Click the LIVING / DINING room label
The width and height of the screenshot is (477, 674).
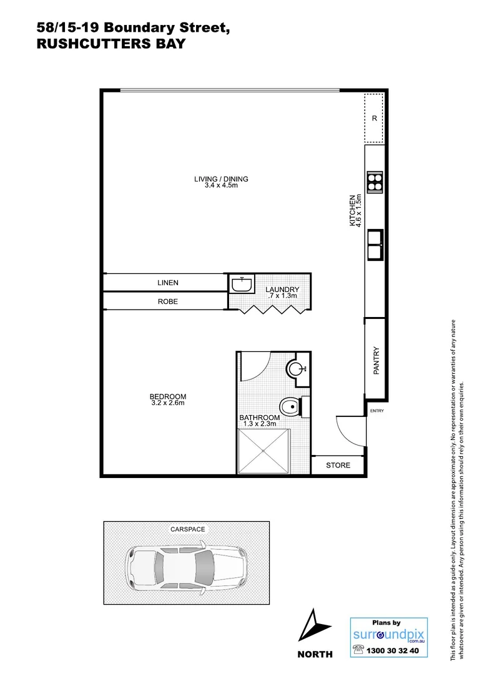tap(221, 179)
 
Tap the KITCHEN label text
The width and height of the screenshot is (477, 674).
tap(353, 210)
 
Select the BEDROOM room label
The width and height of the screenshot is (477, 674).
tap(167, 396)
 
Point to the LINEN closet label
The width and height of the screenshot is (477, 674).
tap(167, 283)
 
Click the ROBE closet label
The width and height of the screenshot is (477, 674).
tap(167, 301)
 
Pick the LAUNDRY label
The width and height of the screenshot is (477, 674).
tap(282, 290)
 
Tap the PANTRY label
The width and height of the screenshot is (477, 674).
tap(376, 361)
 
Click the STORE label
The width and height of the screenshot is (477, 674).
tap(338, 465)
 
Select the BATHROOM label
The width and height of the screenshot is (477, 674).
tap(259, 418)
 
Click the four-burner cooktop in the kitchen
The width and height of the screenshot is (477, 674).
tap(375, 182)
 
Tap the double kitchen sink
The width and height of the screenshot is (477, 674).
tap(375, 244)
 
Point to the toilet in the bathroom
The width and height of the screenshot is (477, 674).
tap(290, 407)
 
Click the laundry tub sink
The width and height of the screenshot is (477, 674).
tap(241, 285)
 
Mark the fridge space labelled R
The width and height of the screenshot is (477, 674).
tap(375, 117)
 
